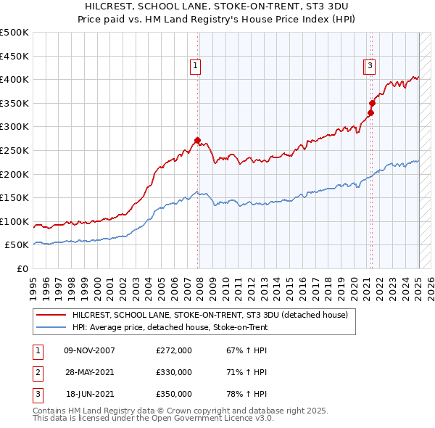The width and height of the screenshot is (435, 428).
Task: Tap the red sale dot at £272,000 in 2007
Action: coord(197,140)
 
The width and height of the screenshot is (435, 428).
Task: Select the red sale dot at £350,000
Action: coord(372,103)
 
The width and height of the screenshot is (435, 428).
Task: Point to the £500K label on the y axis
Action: coord(14,33)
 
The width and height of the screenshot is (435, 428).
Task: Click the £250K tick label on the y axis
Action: coord(14,150)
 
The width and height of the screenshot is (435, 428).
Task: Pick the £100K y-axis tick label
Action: coord(14,221)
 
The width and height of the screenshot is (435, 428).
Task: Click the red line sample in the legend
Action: coord(51,315)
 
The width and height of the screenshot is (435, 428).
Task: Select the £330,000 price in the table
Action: coord(174,372)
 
